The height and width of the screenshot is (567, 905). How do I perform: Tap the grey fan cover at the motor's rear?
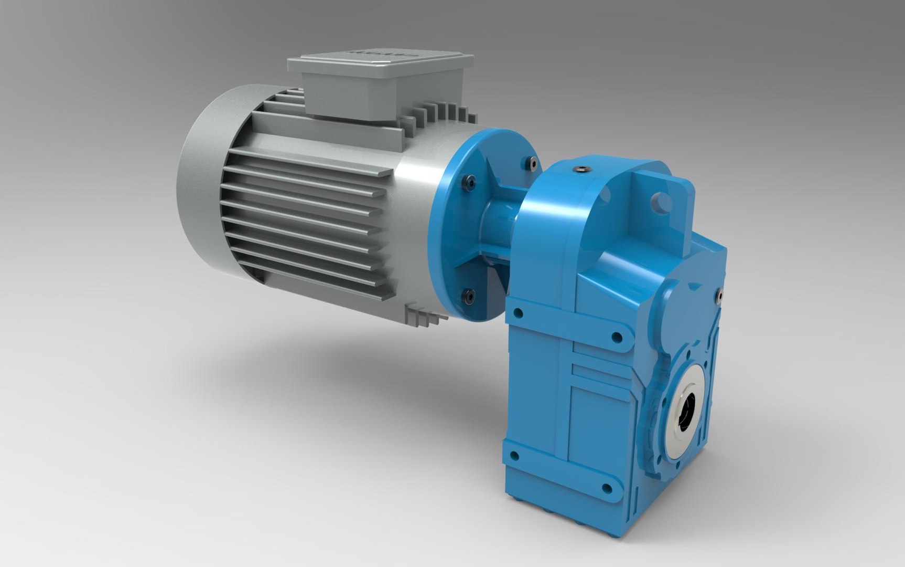(202, 178)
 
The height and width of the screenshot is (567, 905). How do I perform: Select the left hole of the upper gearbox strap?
(518, 314)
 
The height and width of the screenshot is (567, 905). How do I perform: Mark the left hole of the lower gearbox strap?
(514, 456)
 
